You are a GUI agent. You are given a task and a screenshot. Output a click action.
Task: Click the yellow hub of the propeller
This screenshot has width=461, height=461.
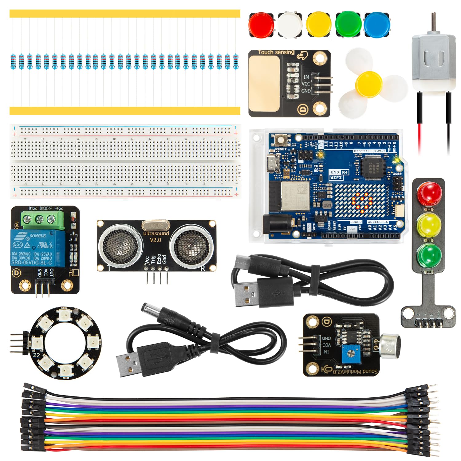coord(369,85)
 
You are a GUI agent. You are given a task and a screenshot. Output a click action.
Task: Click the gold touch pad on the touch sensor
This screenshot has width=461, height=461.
coord(264,84)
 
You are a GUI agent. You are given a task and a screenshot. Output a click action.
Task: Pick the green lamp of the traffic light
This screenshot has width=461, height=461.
coord(429,256)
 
